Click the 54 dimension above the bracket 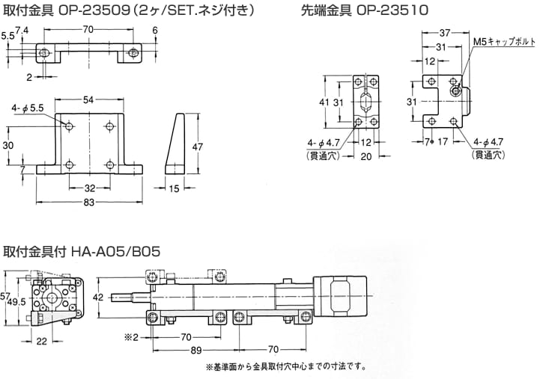tap(88, 99)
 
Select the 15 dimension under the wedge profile tap(175, 190)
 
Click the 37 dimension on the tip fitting tap(444, 33)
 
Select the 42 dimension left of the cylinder tap(97, 297)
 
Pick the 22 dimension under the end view tap(41, 342)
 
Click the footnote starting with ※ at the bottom tap(284, 367)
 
